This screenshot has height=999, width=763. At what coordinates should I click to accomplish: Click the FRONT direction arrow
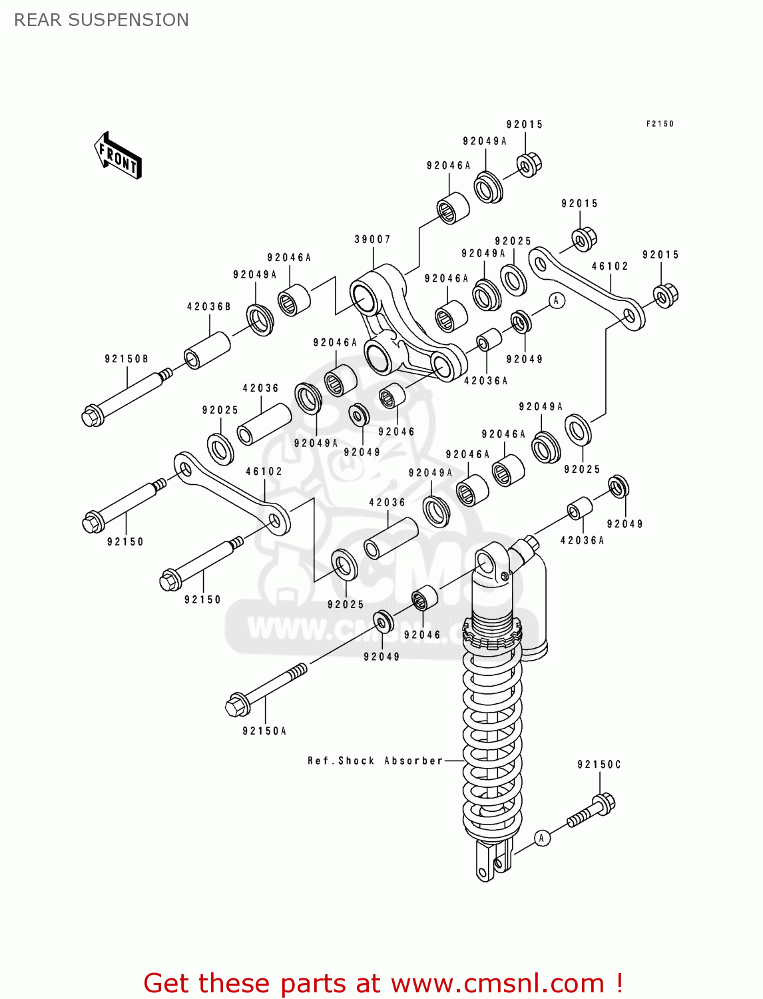[118, 156]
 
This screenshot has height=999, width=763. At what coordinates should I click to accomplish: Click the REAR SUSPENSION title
[101, 20]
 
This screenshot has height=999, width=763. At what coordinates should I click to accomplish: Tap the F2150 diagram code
[659, 124]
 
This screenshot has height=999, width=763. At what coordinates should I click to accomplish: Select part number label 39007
[372, 239]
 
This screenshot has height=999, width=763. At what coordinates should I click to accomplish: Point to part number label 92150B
[127, 359]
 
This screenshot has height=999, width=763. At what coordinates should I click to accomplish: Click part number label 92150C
[599, 765]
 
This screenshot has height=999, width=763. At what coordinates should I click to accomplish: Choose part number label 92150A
[264, 731]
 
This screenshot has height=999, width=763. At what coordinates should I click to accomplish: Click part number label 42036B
[209, 307]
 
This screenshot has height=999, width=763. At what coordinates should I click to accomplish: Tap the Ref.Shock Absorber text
[375, 761]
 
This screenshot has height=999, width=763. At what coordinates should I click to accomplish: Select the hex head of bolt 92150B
[93, 416]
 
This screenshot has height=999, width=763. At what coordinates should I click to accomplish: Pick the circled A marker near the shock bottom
[542, 838]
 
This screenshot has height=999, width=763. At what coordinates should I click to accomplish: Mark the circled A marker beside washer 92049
[557, 300]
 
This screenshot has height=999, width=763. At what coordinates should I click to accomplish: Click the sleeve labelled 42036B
[207, 350]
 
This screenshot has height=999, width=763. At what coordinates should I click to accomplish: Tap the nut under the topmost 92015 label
[529, 164]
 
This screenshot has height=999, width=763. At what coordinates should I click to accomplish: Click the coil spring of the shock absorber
[492, 739]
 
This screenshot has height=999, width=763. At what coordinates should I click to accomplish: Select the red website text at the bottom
[383, 983]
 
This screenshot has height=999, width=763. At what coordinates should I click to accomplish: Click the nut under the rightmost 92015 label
[665, 295]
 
